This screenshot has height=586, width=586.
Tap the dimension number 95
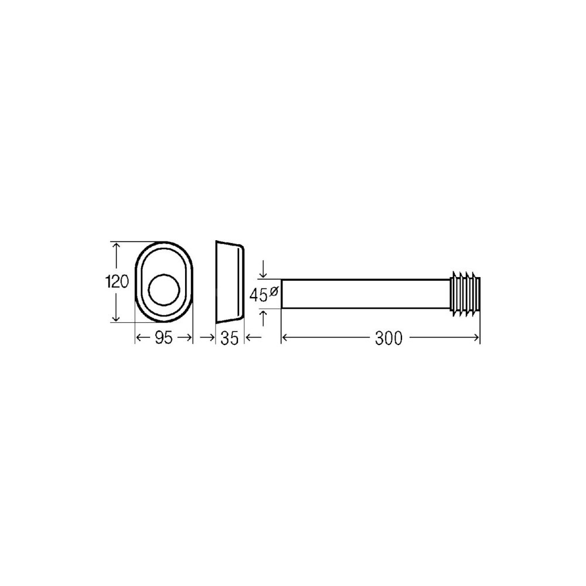163,338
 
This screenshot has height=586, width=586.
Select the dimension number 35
230,338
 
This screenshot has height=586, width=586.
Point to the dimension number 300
389,338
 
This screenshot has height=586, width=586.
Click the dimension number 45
258,295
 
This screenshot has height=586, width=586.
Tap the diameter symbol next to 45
273,291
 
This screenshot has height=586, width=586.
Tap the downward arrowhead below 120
117,317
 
